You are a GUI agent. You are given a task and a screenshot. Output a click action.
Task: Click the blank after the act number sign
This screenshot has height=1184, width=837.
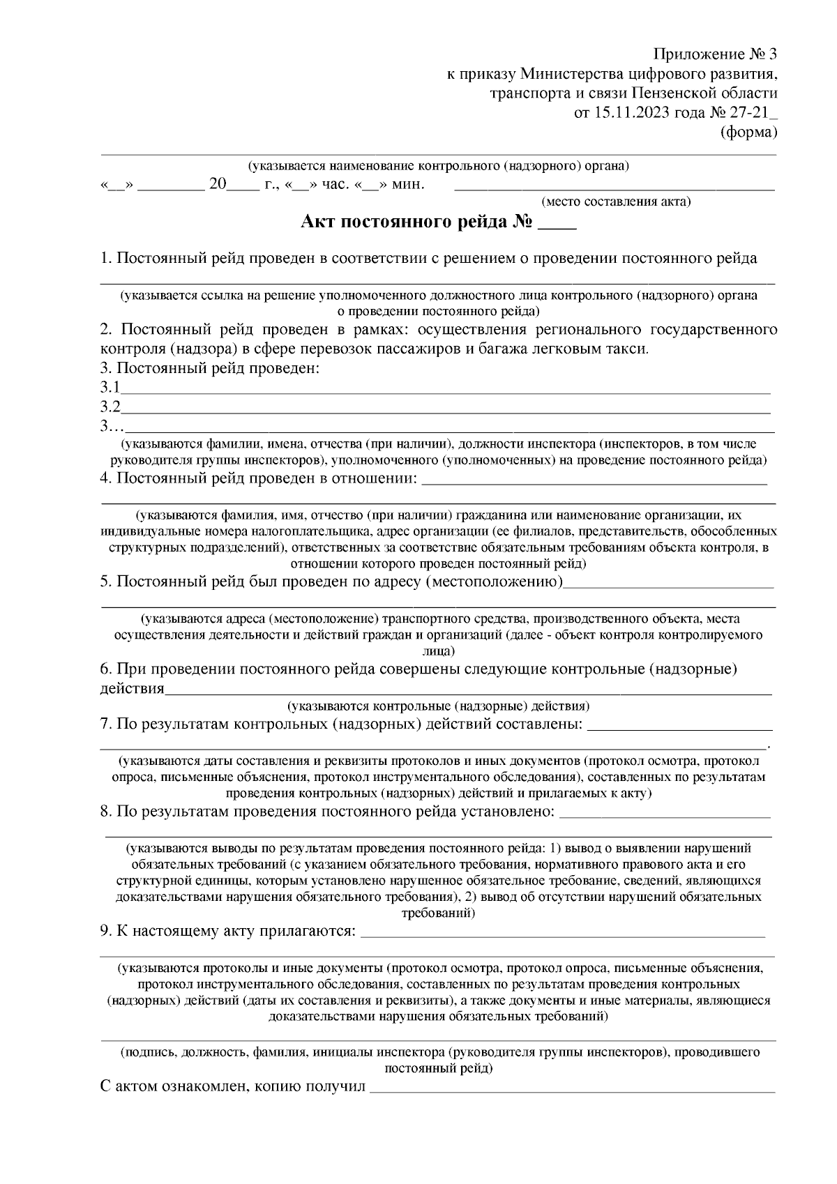pos(558,226)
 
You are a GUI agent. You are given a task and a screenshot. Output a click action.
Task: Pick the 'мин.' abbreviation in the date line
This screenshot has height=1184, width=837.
pos(408,185)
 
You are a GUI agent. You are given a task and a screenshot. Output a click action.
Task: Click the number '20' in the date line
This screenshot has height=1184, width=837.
pos(218,185)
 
